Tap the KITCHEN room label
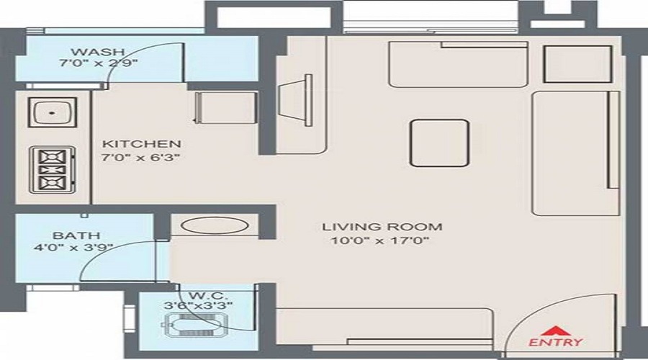pos(140,143)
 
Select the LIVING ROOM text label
pos(382,227)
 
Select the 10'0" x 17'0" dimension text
pos(382,240)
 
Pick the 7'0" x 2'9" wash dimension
pos(99,63)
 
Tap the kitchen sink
pos(51,113)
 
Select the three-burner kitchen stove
pos(51,170)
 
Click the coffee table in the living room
pos(439,143)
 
